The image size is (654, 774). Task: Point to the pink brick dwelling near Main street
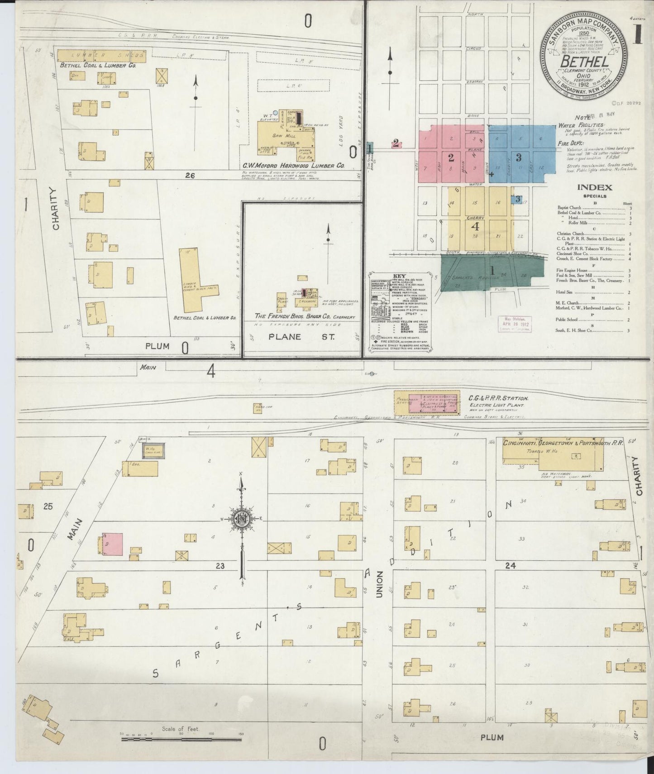point(112,544)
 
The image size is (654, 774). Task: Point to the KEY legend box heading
point(399,276)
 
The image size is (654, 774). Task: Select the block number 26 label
point(190,176)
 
